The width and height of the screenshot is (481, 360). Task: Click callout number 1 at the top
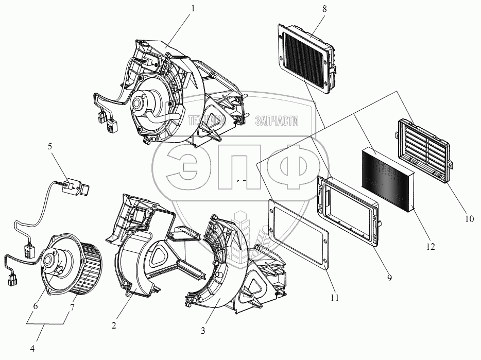point(193,9)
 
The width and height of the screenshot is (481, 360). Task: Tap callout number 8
point(324,9)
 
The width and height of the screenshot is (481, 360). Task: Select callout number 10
point(469,219)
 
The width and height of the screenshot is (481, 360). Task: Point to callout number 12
point(431,247)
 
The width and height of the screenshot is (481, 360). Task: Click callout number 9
point(389,278)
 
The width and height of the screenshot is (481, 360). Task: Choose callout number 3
point(203,331)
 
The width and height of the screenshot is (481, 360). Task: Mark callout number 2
point(114,325)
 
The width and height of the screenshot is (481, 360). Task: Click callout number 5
point(49,146)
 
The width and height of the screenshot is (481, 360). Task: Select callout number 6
point(36,306)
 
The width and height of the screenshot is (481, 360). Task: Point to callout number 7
point(73,307)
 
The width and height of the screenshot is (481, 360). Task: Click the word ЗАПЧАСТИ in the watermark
point(277,121)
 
